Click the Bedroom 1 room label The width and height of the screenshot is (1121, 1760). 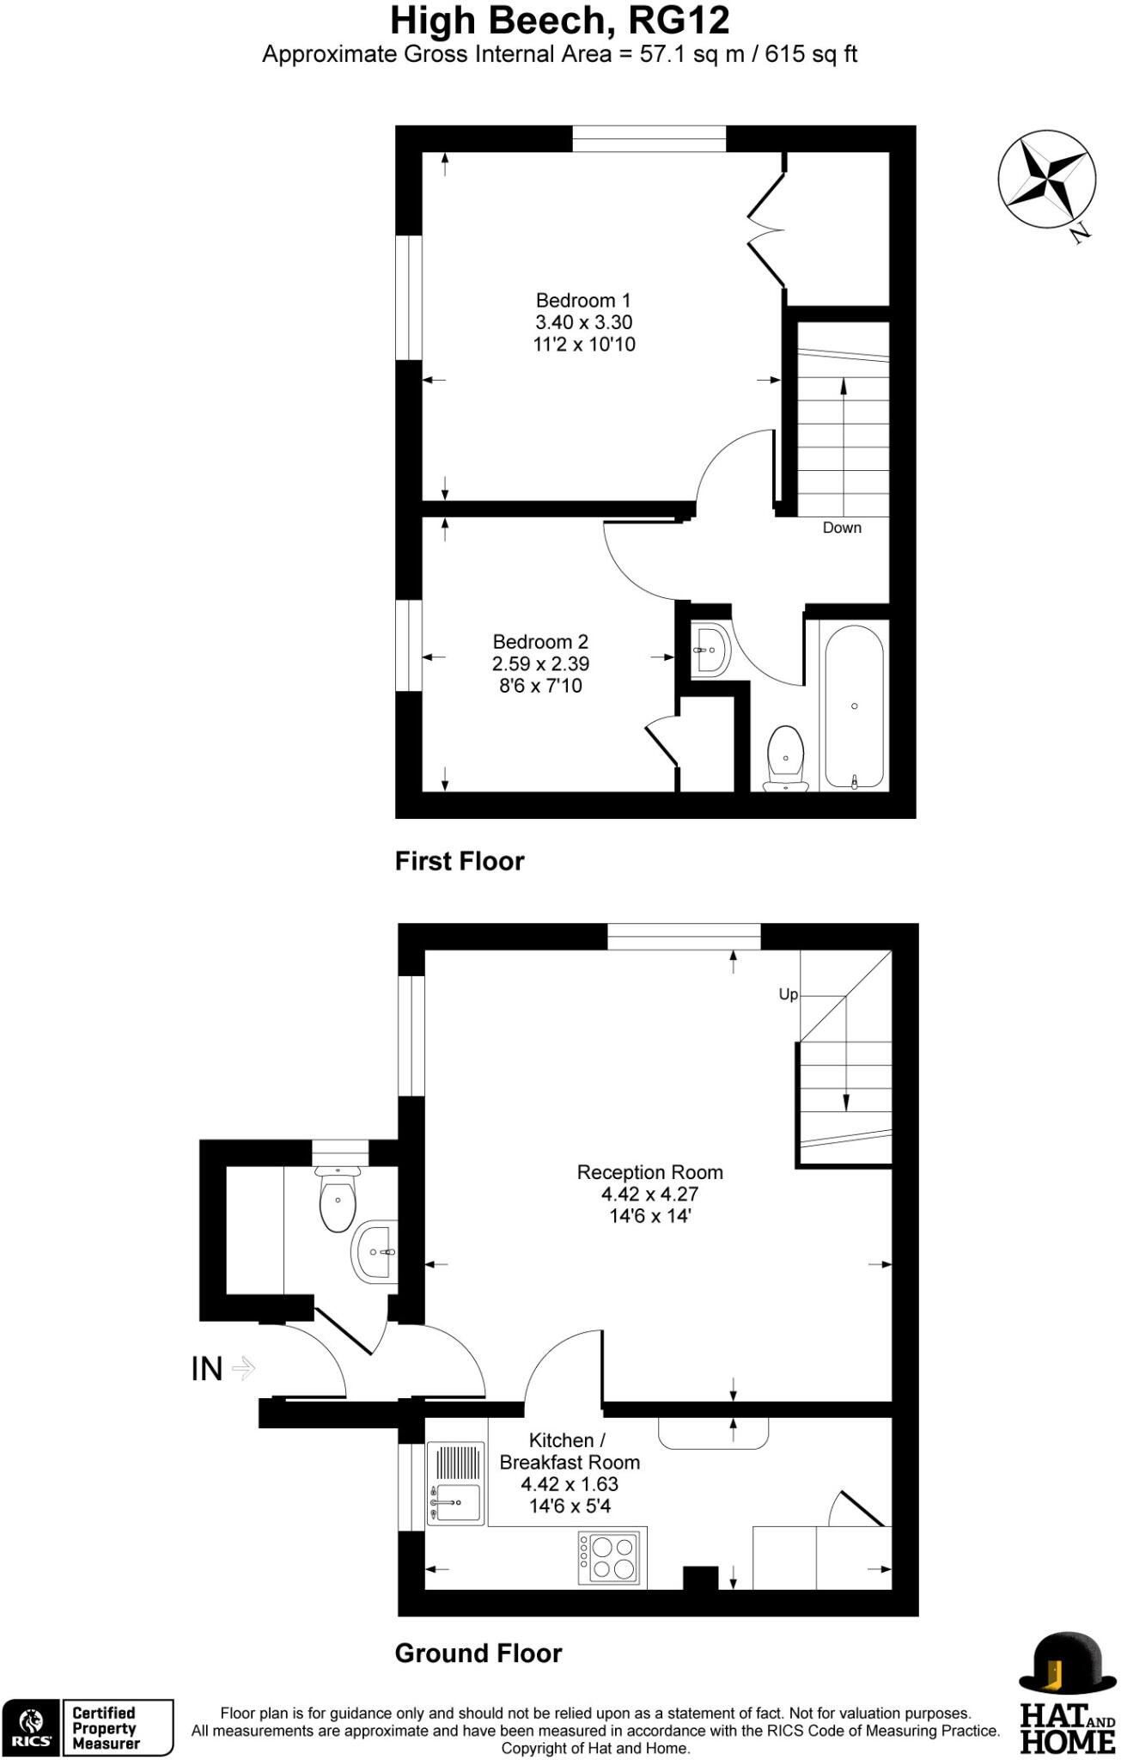pos(583,301)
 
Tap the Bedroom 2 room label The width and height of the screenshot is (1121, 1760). pos(540,642)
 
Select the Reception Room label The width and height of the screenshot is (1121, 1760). pos(649,1172)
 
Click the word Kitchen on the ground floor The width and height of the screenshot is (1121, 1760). pos(561,1440)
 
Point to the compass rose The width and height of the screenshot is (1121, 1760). pos(1045,180)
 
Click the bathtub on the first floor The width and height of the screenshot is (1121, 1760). pos(854,706)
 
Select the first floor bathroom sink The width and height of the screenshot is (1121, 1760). pos(712,650)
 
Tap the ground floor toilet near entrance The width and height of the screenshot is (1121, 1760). pos(338,1199)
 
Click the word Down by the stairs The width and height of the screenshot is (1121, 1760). pos(842,528)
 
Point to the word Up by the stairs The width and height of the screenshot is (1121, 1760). pos(788,994)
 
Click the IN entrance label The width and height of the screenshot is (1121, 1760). pos(207,1369)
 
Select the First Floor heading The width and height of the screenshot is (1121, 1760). pos(460,861)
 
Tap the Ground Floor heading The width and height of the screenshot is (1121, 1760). pos(478,1653)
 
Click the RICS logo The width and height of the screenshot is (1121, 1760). pos(32,1727)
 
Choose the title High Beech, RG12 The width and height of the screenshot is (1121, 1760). pos(560,21)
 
